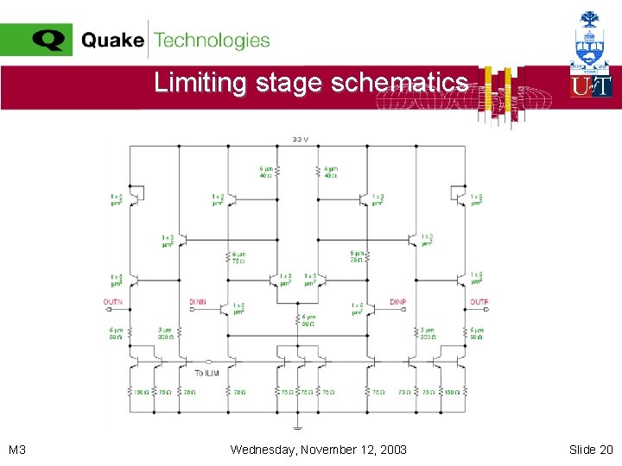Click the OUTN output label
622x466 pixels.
click(112, 302)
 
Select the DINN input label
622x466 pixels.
click(198, 302)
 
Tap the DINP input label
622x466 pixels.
click(397, 302)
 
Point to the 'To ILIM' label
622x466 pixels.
click(206, 373)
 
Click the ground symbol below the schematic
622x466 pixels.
click(298, 426)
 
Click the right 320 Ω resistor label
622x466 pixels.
click(428, 333)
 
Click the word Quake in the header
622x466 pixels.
click(112, 41)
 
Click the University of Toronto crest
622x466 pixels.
click(591, 39)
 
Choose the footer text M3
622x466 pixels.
click(17, 450)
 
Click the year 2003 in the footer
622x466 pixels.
click(392, 450)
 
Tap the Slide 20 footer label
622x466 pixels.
click(591, 450)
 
